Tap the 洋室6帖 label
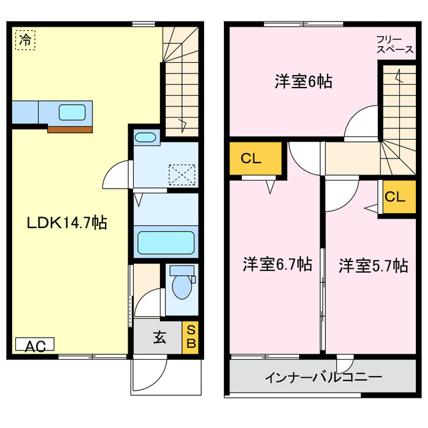tap(304, 82)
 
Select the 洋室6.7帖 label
tap(277, 264)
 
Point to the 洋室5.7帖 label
tap(372, 265)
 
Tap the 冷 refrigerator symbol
tap(25, 39)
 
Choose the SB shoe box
tap(191, 337)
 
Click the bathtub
tap(167, 242)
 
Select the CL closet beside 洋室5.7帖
tap(395, 197)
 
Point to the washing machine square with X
tap(180, 175)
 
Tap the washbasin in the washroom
tap(145, 138)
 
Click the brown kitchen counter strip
tap(70, 129)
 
